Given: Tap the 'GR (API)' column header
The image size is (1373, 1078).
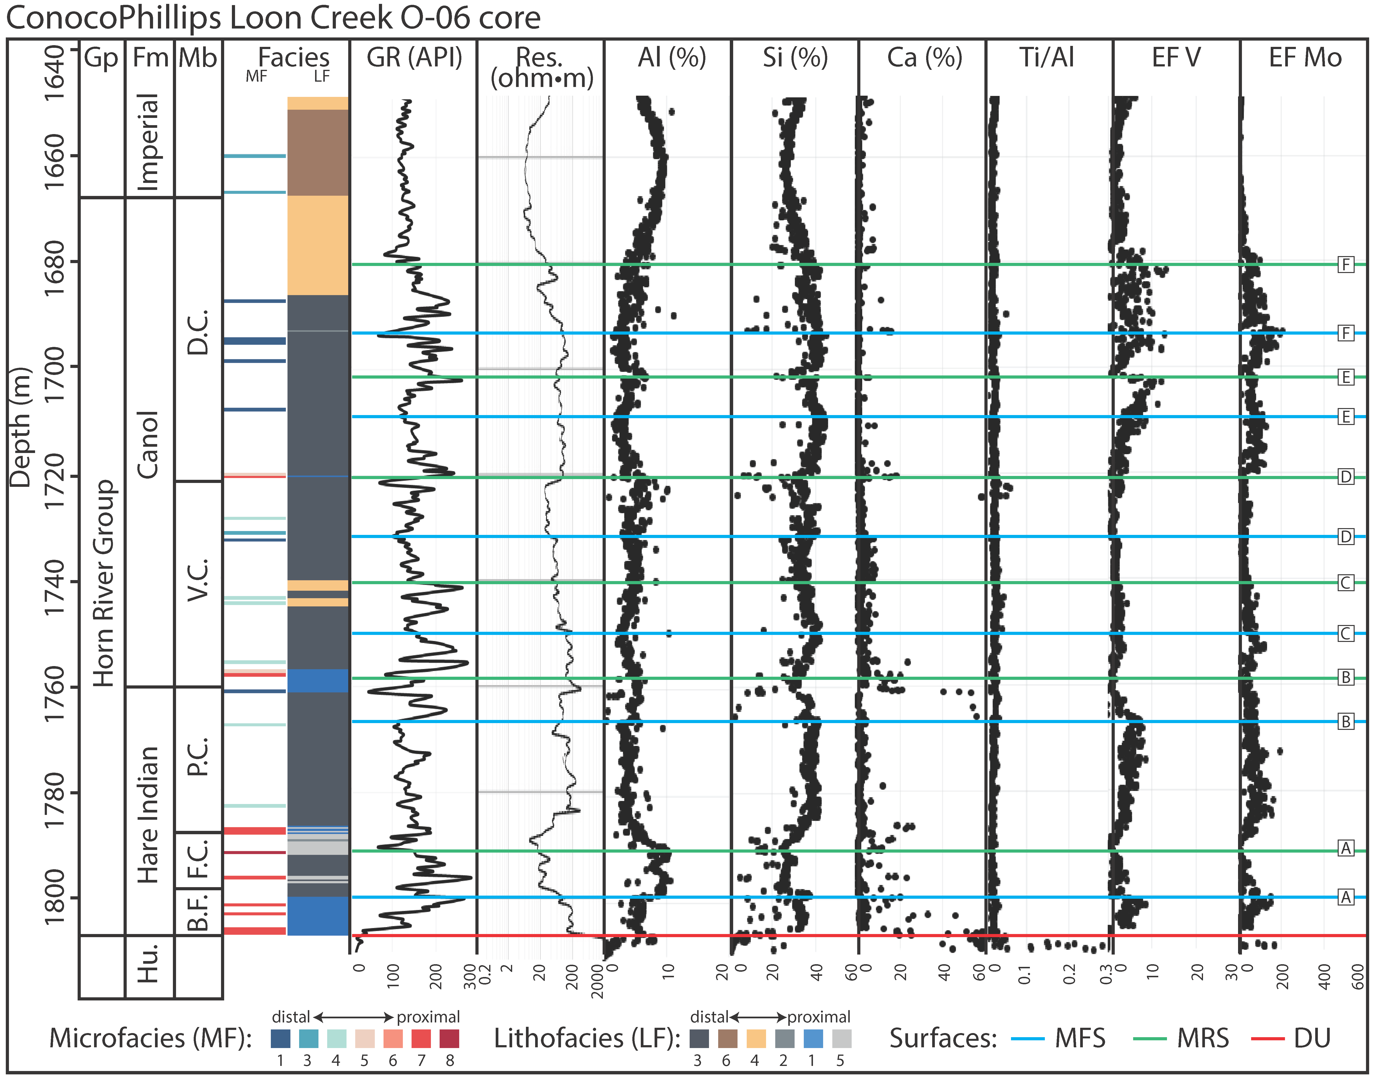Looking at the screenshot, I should coord(414,58).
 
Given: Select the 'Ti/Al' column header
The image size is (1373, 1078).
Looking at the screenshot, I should coord(1047,58).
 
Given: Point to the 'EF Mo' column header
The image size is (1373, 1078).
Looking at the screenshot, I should coord(1305,58).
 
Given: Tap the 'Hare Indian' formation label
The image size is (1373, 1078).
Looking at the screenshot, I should coord(148,814).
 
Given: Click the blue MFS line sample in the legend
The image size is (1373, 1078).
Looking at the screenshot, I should coord(1027,1038).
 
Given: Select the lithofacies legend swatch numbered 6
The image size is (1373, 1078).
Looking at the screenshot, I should coord(728,1038).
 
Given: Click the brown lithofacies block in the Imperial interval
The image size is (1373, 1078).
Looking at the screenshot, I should coord(318,152).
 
